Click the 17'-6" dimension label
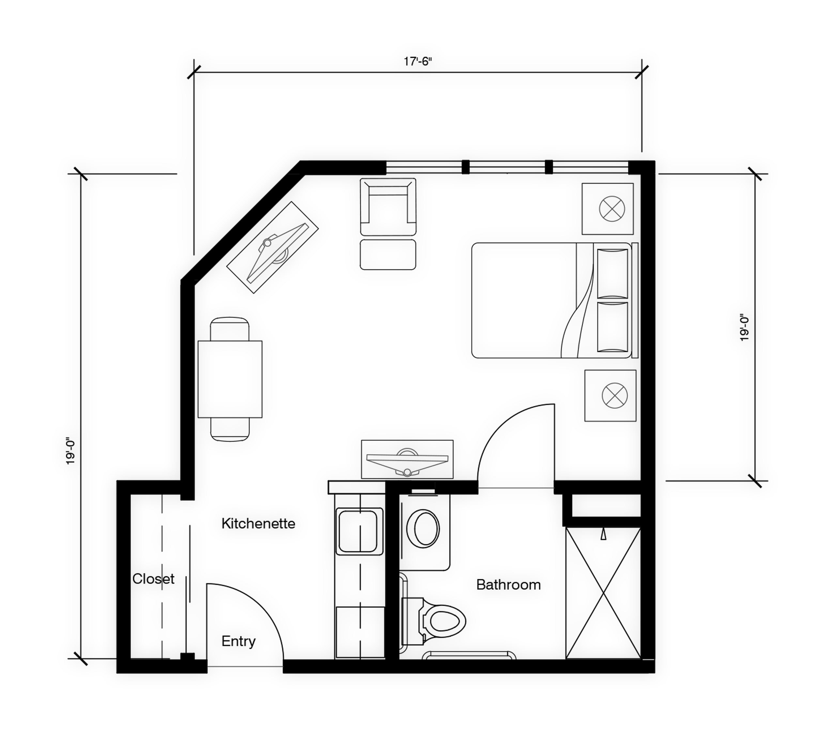pyautogui.click(x=417, y=62)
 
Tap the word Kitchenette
pyautogui.click(x=258, y=523)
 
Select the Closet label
pyautogui.click(x=153, y=579)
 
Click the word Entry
pyautogui.click(x=239, y=641)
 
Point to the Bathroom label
pyautogui.click(x=509, y=584)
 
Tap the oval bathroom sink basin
pyautogui.click(x=424, y=529)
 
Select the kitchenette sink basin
pyautogui.click(x=360, y=531)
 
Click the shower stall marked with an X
pyautogui.click(x=603, y=593)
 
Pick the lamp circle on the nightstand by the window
pyautogui.click(x=612, y=209)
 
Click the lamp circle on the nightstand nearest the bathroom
pyautogui.click(x=615, y=396)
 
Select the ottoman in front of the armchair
pyautogui.click(x=388, y=255)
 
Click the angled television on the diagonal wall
pyautogui.click(x=272, y=247)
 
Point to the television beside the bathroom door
pyautogui.click(x=407, y=459)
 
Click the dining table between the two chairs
pyautogui.click(x=230, y=379)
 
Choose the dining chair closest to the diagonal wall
pyautogui.click(x=230, y=329)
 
